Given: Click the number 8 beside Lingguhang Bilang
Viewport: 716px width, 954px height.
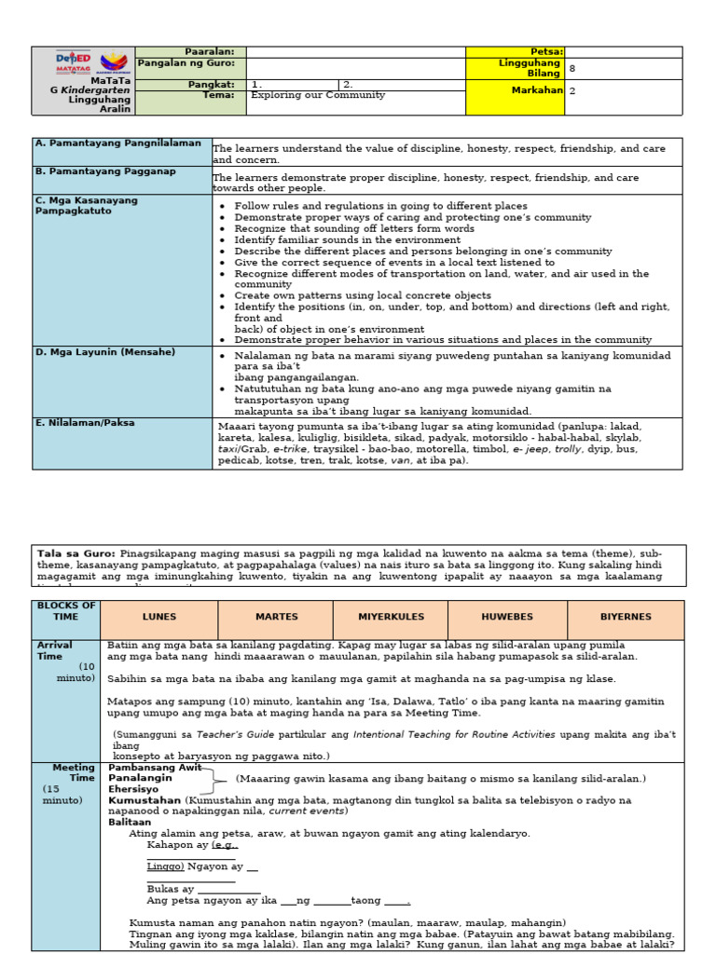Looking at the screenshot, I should point(572,68).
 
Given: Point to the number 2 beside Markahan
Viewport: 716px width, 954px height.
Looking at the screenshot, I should point(572,91).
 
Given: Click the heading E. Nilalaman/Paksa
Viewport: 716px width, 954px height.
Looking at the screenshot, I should point(84,422).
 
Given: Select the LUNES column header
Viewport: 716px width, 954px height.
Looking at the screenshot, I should point(158,617).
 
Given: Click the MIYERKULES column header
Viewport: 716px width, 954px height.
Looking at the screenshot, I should point(391,617).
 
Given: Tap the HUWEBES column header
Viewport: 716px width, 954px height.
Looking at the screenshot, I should point(506,617).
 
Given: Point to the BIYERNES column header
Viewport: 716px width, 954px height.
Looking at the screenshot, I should point(626,617).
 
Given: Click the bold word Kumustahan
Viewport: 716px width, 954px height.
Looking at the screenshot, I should point(145,799).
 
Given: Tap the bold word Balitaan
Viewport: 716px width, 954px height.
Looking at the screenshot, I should point(130,822).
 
